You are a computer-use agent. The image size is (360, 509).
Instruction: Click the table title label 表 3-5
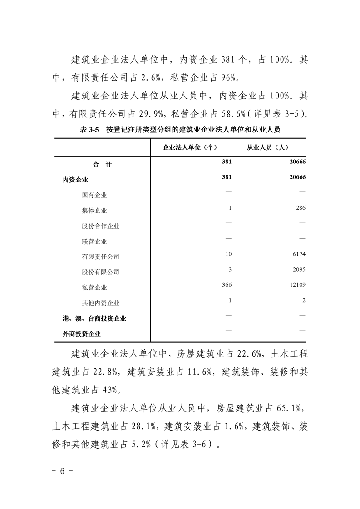[x=89, y=130]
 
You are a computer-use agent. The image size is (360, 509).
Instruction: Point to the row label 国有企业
[x=94, y=195]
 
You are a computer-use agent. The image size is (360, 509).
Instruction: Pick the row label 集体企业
[x=94, y=210]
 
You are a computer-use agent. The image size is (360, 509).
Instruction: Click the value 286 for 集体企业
[x=300, y=208]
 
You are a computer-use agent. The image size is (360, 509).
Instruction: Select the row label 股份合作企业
[x=101, y=226]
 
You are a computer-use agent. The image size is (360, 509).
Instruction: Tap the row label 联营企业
[x=94, y=241]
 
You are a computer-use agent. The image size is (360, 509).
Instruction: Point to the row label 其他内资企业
[x=101, y=303]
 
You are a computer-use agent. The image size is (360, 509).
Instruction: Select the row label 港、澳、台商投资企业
[x=94, y=318]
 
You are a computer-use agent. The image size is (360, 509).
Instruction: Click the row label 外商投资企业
[x=82, y=334]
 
